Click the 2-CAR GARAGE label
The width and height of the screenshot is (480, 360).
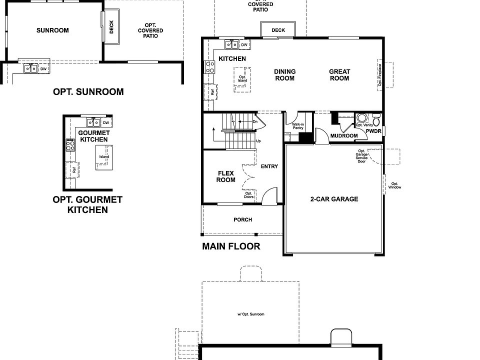[x=334, y=199]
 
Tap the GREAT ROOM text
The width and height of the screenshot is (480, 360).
[x=339, y=75]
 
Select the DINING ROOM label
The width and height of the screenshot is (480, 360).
[x=284, y=75]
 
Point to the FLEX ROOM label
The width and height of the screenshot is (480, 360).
[x=225, y=176]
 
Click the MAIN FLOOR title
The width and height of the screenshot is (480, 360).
[x=231, y=246]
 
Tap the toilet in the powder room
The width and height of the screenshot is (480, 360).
[x=376, y=120]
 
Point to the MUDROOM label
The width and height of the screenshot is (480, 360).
[x=344, y=136]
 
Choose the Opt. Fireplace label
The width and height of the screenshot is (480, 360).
[x=380, y=75]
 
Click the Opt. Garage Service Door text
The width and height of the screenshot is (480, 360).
[x=361, y=156]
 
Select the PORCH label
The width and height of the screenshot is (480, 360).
[x=243, y=220]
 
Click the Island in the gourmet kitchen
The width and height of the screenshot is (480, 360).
[x=104, y=157]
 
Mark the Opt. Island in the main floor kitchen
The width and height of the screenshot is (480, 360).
[x=242, y=78]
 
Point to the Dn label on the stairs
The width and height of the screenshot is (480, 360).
[x=255, y=121]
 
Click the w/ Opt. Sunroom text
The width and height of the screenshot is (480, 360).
[x=250, y=314]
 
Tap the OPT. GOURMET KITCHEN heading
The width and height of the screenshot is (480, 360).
[x=87, y=204]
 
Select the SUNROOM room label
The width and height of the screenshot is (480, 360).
[x=52, y=30]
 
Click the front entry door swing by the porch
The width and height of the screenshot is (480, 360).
[x=270, y=195]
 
